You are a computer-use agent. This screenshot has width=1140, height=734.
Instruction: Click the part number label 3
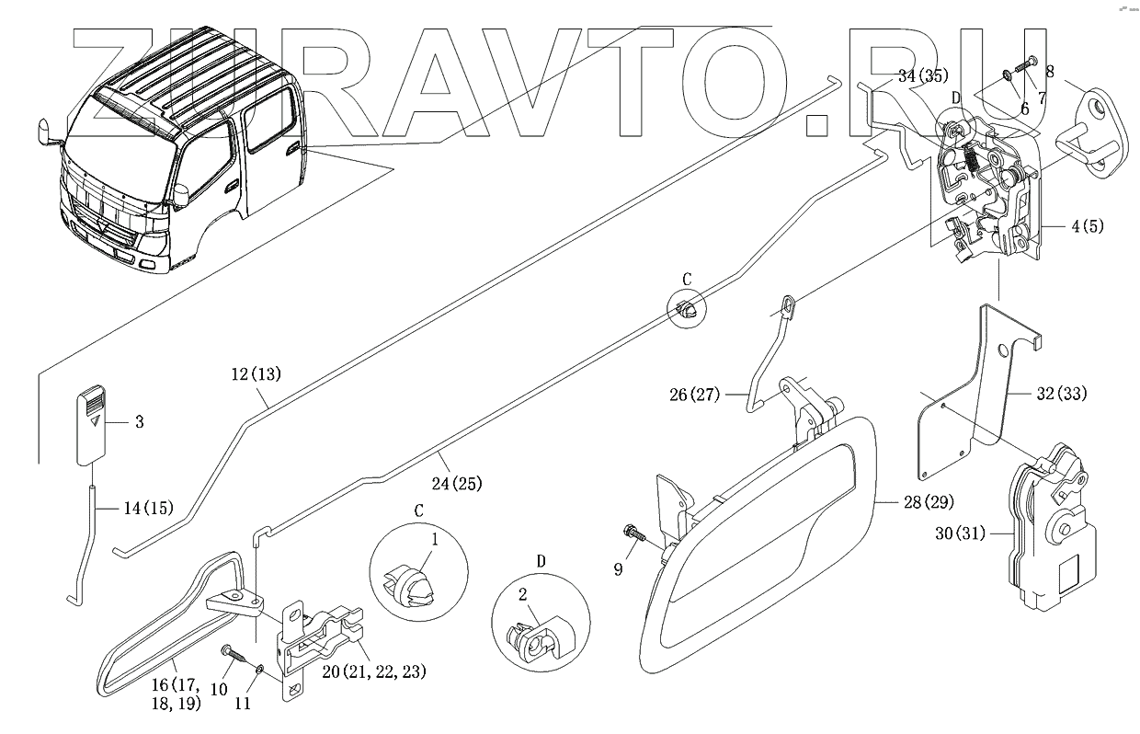(x=139, y=422)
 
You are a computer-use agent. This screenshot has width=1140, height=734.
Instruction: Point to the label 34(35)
(x=922, y=76)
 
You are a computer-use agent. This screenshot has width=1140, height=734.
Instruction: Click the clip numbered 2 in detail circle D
(x=533, y=637)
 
